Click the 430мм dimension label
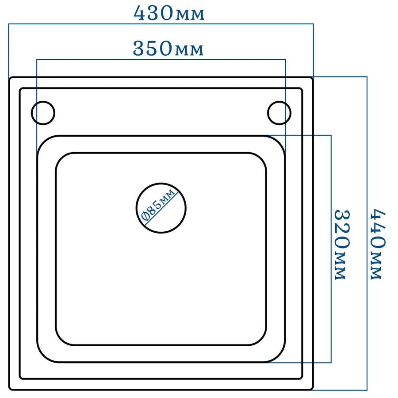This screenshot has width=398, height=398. click(169, 13)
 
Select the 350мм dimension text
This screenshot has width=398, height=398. click(168, 49)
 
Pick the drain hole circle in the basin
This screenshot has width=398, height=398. click(161, 207)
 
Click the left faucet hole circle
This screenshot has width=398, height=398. click(43, 113)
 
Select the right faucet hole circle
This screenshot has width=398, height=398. click(279, 113)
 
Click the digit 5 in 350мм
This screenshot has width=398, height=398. click(154, 49)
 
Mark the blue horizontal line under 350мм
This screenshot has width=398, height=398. click(161, 59)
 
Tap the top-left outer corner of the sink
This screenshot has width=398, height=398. click(11, 78)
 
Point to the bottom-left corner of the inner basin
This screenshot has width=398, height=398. click(59, 341)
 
